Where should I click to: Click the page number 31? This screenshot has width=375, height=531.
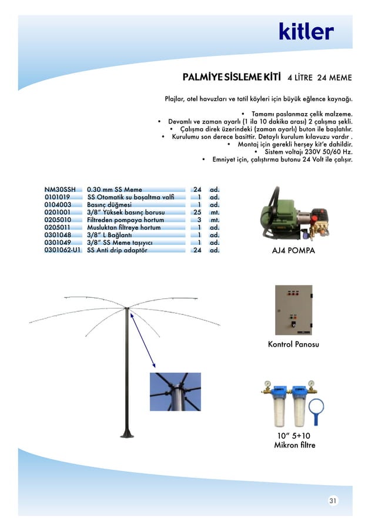(333, 501)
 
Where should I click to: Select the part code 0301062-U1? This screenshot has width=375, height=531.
(62, 250)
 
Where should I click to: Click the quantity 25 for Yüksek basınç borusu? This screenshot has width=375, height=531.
(197, 213)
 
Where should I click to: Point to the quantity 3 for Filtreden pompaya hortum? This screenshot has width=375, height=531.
(199, 220)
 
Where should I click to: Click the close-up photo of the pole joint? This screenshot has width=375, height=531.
(175, 391)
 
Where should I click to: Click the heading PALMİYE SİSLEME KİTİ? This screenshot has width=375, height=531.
(232, 77)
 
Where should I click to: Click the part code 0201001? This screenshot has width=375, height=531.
(58, 213)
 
